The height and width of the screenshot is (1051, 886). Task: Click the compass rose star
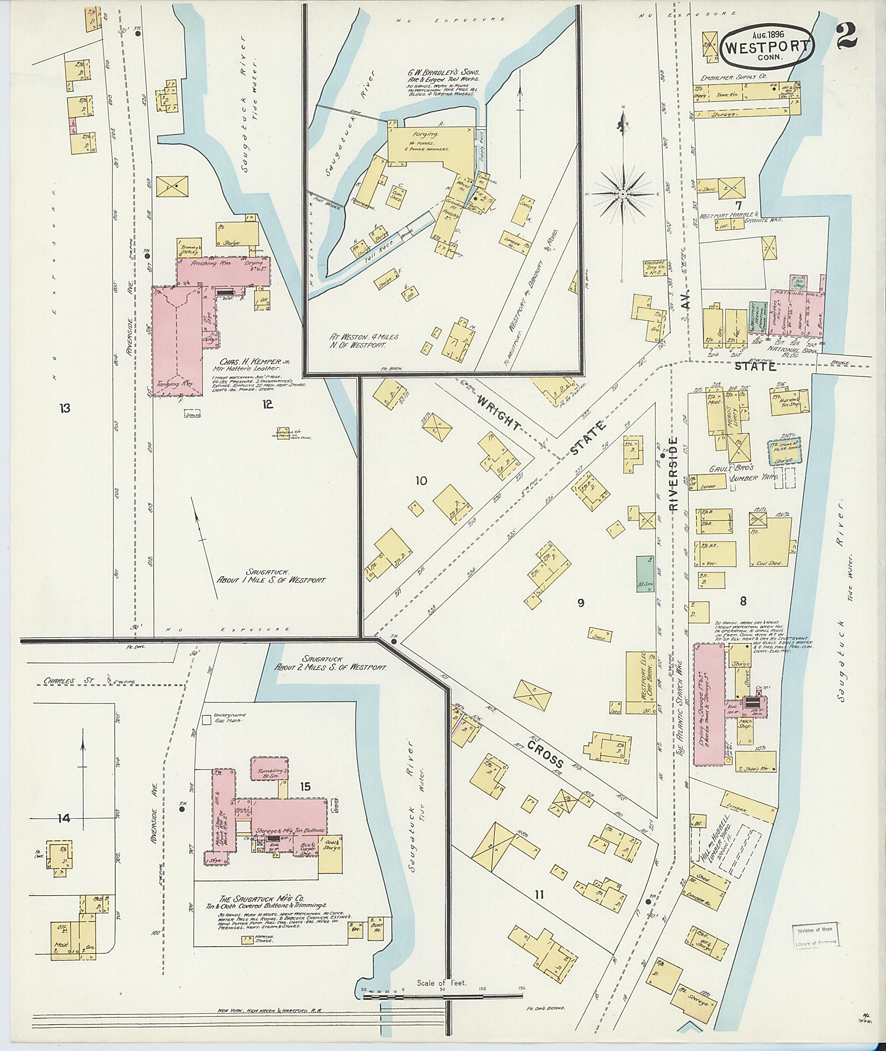(x=622, y=194)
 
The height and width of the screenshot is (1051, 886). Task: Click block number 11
(x=540, y=894)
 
